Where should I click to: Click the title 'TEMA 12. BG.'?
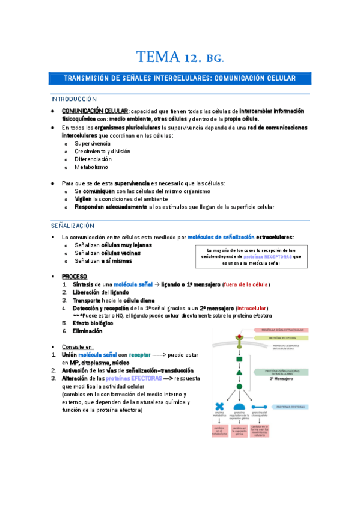(x=180, y=58)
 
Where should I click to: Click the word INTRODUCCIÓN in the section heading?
(x=74, y=99)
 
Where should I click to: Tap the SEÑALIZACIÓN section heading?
(x=73, y=225)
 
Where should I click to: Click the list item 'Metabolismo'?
(x=91, y=167)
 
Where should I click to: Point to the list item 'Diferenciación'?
(x=93, y=159)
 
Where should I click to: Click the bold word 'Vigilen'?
(x=84, y=198)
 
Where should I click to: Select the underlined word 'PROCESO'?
(x=75, y=275)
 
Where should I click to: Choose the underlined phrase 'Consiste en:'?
(x=78, y=346)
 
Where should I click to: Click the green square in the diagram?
(x=239, y=359)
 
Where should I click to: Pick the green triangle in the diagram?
(x=239, y=373)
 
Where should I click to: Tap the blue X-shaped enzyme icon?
(x=220, y=407)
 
